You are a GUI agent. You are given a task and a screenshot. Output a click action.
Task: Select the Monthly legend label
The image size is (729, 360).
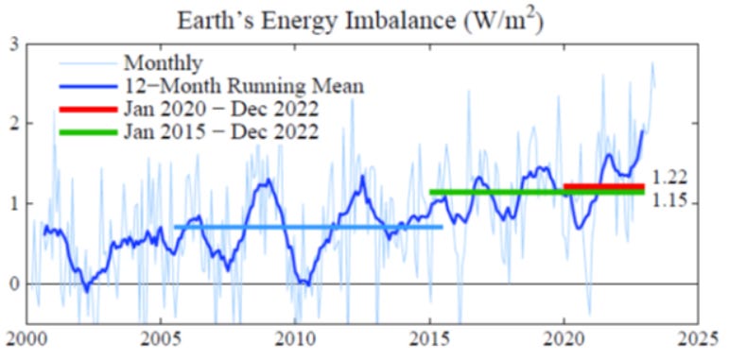tap(163, 64)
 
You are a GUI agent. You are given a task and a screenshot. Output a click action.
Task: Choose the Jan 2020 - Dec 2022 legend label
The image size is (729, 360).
tap(220, 109)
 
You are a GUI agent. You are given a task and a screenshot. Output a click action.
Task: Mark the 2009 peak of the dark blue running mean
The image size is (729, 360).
tap(269, 180)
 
